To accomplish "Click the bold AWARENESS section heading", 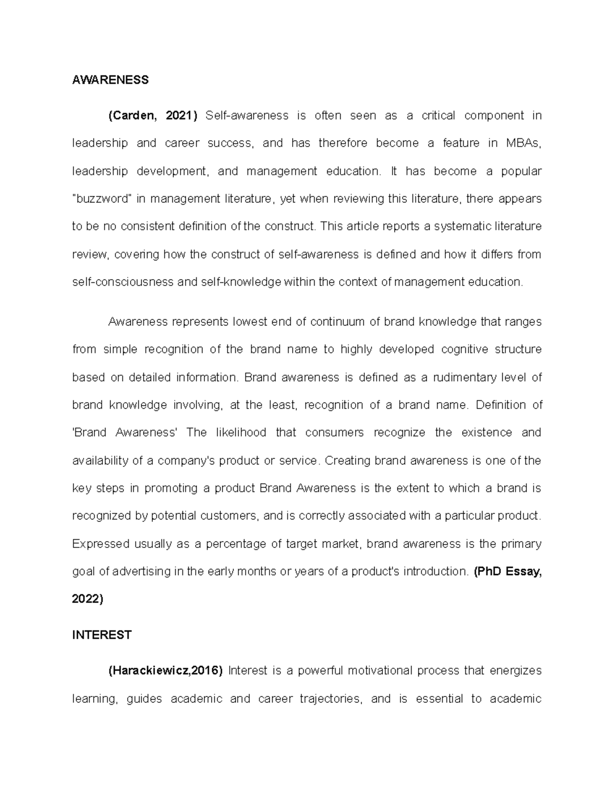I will (x=110, y=80).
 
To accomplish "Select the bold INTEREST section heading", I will (x=102, y=635).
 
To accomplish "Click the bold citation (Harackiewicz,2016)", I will (x=166, y=671).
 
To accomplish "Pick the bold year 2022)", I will (x=88, y=599).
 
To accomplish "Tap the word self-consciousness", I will (x=123, y=282).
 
